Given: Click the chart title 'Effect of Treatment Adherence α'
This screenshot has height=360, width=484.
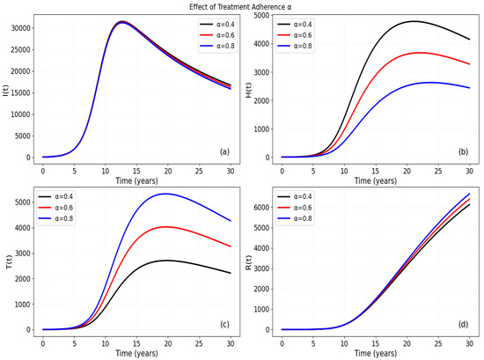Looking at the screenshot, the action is pos(240,7).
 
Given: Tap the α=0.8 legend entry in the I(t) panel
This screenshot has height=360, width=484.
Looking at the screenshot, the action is pos(217,46).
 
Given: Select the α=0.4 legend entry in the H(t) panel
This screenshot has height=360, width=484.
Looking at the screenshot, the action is pos(294,25).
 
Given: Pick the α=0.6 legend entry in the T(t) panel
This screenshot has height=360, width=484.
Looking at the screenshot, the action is pos(55,208).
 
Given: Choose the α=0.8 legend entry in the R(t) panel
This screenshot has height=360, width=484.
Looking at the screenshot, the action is pos(294,218).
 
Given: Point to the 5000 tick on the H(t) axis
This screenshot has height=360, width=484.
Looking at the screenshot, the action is pos(261,15).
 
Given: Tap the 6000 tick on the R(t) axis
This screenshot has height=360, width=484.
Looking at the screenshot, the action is pos(261,207).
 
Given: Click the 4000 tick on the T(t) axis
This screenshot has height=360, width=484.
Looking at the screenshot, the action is pos(23,228).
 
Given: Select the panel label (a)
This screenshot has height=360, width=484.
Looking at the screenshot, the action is pos(224,151).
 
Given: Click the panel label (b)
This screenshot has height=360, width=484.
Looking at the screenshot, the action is pos(463,151).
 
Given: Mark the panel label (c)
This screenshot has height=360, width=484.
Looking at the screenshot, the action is pos(224,324).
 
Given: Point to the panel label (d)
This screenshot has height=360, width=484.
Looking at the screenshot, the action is pos(463,324).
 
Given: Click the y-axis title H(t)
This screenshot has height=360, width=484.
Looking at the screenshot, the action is pos(248,90).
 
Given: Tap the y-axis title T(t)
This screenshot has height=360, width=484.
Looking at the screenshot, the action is pos(10,262).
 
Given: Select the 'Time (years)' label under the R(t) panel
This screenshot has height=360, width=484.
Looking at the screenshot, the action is pos(376,353).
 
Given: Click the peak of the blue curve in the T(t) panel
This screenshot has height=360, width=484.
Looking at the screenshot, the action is pos(165,194).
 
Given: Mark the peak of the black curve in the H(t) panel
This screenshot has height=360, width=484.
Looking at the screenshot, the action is pos(414,21).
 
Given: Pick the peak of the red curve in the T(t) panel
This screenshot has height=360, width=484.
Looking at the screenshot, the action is pos(165,226).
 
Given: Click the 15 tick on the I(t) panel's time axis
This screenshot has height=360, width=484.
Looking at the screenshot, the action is pos(136,171).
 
